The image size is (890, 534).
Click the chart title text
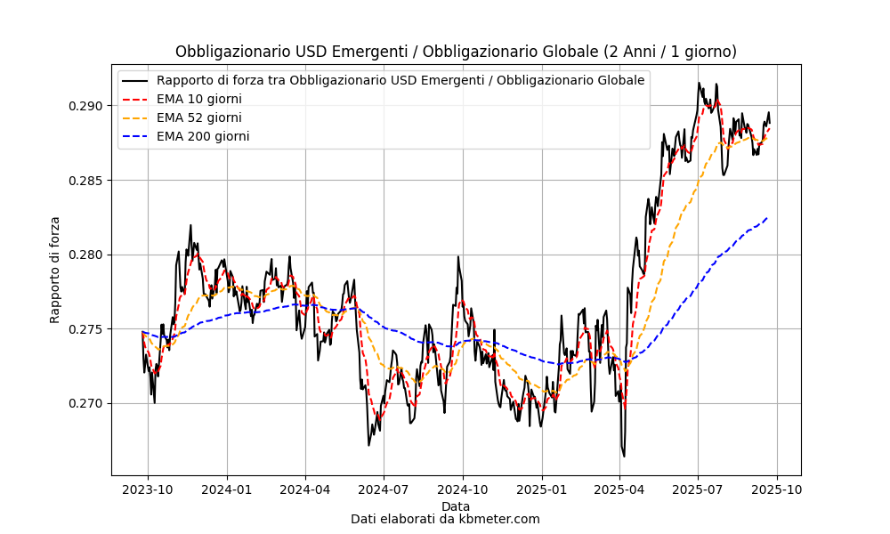(x=456, y=52)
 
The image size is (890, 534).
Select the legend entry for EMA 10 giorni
(x=198, y=99)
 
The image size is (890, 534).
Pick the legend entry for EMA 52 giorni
(x=198, y=117)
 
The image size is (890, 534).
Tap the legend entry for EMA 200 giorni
(x=202, y=136)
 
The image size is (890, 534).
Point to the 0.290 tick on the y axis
(x=87, y=106)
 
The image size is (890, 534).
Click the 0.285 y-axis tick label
(x=87, y=181)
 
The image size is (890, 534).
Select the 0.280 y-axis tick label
(x=87, y=255)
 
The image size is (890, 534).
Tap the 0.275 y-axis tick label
(x=87, y=329)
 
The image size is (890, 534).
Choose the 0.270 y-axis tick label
(x=87, y=403)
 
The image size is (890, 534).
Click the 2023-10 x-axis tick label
(x=148, y=489)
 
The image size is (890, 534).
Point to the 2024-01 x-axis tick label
(x=227, y=489)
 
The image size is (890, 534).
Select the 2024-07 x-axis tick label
(x=384, y=489)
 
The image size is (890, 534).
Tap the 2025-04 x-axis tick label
(x=619, y=489)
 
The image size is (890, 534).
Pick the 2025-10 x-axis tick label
(x=778, y=489)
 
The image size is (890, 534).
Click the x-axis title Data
(x=456, y=506)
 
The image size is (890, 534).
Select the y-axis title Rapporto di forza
(x=55, y=269)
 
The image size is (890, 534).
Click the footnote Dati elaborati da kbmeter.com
(x=445, y=519)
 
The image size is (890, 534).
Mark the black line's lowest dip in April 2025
(x=624, y=457)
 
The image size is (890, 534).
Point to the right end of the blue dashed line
(x=767, y=217)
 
